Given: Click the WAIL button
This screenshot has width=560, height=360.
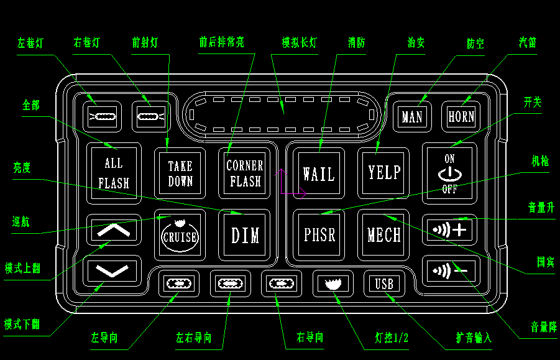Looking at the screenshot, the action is pos(319,173).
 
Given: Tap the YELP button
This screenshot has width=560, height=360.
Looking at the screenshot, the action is pos(383,173).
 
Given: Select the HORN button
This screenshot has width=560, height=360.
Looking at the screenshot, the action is pos(461,116).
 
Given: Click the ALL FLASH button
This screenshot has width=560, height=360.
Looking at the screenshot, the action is pos(114,173).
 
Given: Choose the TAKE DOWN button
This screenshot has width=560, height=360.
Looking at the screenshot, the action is pos(180,173).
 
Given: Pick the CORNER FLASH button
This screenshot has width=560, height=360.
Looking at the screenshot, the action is pos(245,173).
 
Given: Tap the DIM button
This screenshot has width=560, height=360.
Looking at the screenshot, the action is pos(245,235).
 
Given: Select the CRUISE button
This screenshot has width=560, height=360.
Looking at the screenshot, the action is pos(180,235).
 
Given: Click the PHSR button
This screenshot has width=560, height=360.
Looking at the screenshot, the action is pos(319,235).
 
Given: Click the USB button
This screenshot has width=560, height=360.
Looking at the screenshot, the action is pos(384,284).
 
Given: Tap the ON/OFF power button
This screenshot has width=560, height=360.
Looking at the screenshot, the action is pos(449,173).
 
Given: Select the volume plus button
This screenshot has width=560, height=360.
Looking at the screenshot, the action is pos(449,229).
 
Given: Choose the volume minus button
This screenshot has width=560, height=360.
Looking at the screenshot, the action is pos(449,271).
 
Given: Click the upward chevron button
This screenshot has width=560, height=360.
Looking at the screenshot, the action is pos(114,229).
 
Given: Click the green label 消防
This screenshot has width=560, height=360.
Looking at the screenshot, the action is pos(356,43).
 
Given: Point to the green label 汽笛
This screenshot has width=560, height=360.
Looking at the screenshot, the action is pos(528,42).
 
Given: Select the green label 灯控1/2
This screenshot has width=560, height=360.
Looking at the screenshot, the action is pos(392,338).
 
